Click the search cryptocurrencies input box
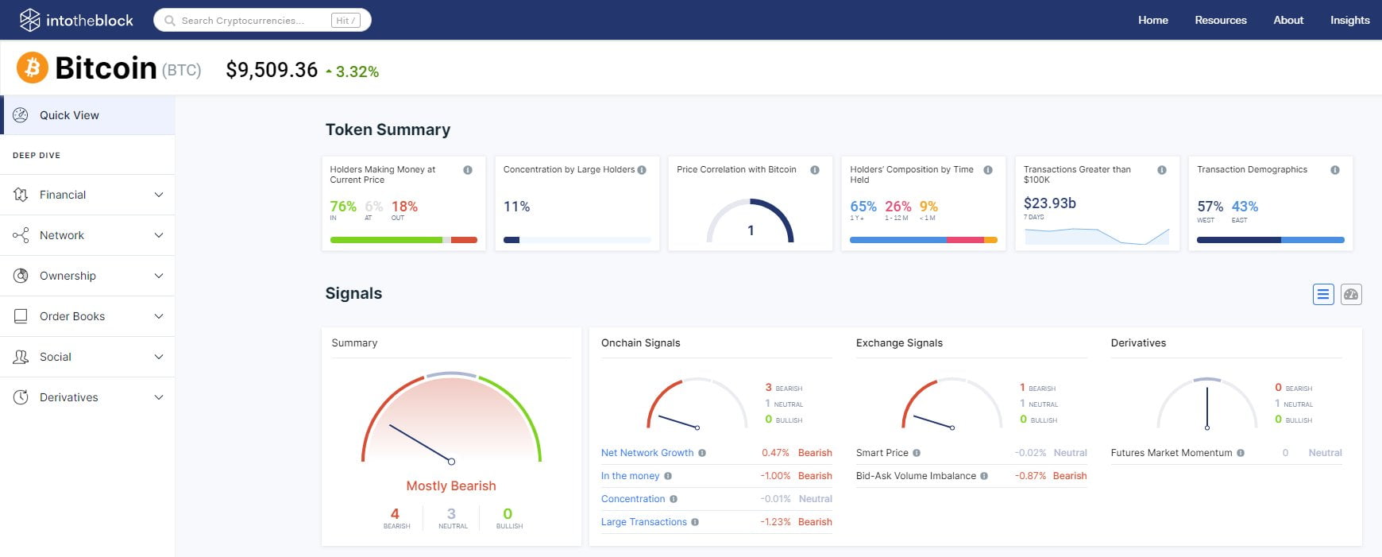[x=246, y=21]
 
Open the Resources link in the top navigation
[x=1220, y=21]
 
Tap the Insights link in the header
[x=1349, y=21]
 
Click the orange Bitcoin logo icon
[x=33, y=68]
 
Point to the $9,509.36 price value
[x=272, y=71]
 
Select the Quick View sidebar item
[x=69, y=115]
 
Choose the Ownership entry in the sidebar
[x=68, y=276]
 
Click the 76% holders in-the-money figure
[x=343, y=207]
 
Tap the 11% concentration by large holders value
[x=516, y=207]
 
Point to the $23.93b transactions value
[x=1049, y=203]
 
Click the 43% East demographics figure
[x=1245, y=207]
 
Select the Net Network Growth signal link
[x=647, y=453]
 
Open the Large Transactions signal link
[x=643, y=522]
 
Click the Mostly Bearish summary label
[x=451, y=486]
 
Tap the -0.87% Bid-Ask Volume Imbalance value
[x=1030, y=476]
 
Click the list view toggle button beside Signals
[x=1323, y=295]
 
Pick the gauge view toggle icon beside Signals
[x=1351, y=295]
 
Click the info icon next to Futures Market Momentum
[x=1241, y=453]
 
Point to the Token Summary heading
[x=388, y=130]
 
